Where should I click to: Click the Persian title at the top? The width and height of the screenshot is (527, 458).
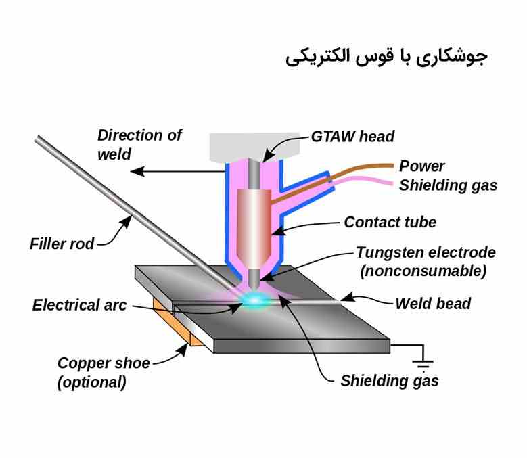pyautogui.click(x=386, y=57)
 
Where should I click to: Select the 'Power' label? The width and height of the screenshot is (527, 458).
pyautogui.click(x=422, y=166)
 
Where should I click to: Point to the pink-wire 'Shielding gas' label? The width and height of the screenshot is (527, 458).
pyautogui.click(x=448, y=185)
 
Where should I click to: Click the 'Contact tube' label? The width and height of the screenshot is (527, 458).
pyautogui.click(x=390, y=222)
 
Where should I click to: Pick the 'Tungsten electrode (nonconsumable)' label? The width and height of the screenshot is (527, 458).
pyautogui.click(x=426, y=262)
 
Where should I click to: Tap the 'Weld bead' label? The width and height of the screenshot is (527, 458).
pyautogui.click(x=433, y=303)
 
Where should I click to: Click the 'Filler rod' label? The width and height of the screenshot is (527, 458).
pyautogui.click(x=62, y=243)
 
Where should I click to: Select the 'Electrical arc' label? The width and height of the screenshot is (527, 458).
pyautogui.click(x=79, y=305)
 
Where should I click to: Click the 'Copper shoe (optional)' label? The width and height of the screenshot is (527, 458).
pyautogui.click(x=102, y=372)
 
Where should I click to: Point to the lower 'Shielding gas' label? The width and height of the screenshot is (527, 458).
pyautogui.click(x=390, y=381)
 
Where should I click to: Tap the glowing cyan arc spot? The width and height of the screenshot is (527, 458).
pyautogui.click(x=256, y=299)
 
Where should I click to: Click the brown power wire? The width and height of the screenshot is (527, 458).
pyautogui.click(x=359, y=169)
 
